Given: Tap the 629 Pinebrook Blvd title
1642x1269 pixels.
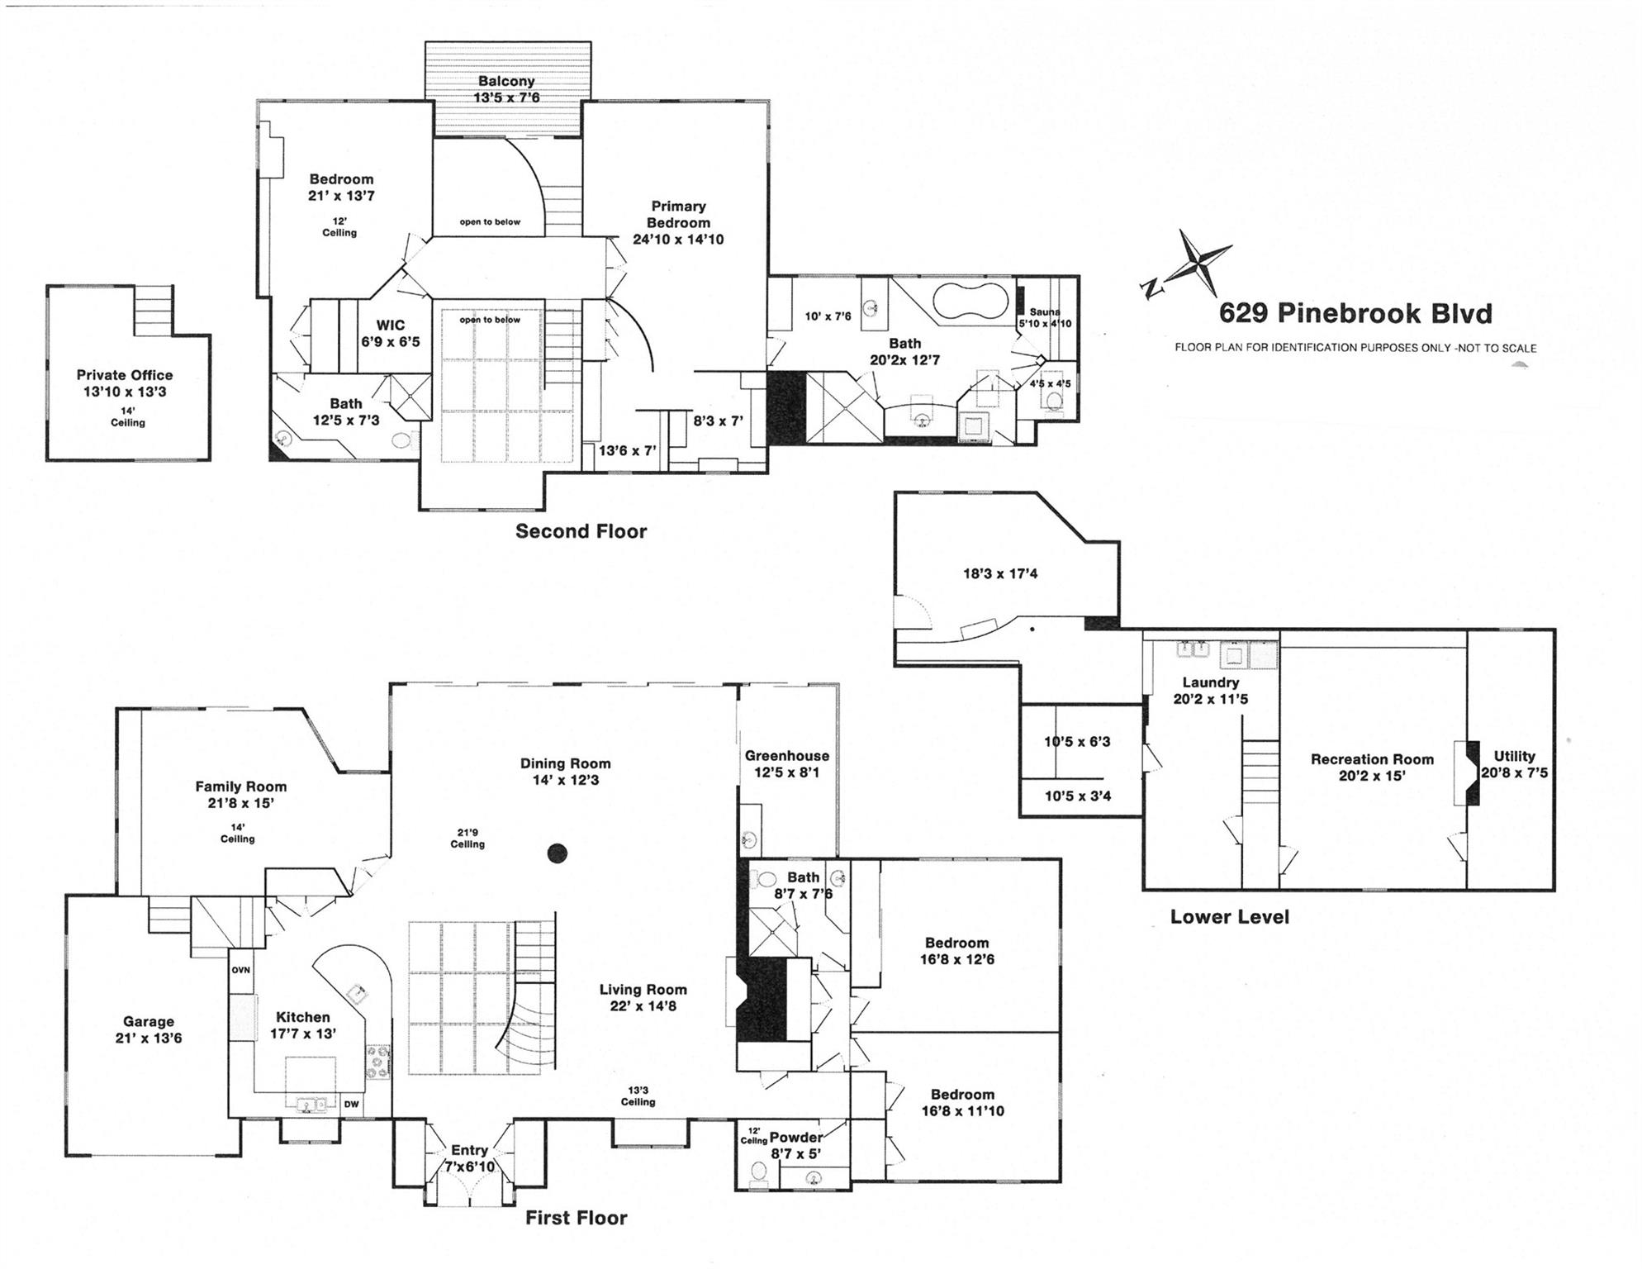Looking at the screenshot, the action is (1355, 314).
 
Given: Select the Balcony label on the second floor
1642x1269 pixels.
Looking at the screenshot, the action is (506, 81).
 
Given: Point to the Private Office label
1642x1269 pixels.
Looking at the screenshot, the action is (125, 375).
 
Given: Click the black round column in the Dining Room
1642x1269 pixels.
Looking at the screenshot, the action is (558, 853).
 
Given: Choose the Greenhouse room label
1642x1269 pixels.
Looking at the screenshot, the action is (786, 755).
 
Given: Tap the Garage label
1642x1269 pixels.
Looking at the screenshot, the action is (149, 1021).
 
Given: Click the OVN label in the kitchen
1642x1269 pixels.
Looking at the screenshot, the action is (240, 970).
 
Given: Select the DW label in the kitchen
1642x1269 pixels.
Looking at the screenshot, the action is (351, 1104).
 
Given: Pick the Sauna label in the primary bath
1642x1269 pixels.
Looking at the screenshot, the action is (1045, 312).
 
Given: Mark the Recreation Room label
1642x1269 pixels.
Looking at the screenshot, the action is (1372, 759).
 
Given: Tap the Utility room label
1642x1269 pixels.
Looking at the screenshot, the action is (1514, 756).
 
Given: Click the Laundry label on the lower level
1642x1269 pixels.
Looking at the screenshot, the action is (1210, 682).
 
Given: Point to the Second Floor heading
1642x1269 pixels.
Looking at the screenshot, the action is (581, 531).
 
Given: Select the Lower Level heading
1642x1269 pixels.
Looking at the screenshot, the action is (1229, 916).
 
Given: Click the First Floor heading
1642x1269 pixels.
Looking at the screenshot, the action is (576, 1218).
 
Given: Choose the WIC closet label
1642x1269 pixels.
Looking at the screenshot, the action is (391, 326).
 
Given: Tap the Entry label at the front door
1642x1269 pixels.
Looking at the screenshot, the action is (468, 1150).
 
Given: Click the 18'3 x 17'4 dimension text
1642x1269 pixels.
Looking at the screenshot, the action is (1000, 573).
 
